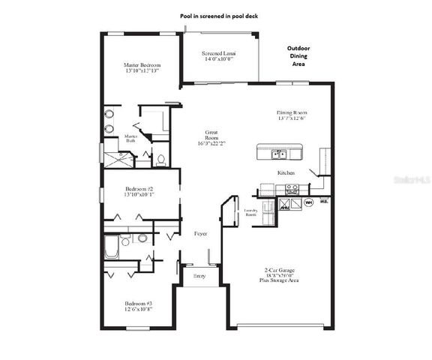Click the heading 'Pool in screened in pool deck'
[216, 15]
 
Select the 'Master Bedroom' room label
[142, 69]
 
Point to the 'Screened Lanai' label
[220, 57]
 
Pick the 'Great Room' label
[211, 138]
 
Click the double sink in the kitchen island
[279, 154]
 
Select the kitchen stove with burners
[292, 188]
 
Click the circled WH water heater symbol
[307, 201]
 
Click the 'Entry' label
[199, 276]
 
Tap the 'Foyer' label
[200, 234]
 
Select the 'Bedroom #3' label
[138, 306]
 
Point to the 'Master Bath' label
[130, 138]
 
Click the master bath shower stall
[117, 159]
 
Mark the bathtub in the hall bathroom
[111, 247]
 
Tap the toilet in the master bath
[160, 159]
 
